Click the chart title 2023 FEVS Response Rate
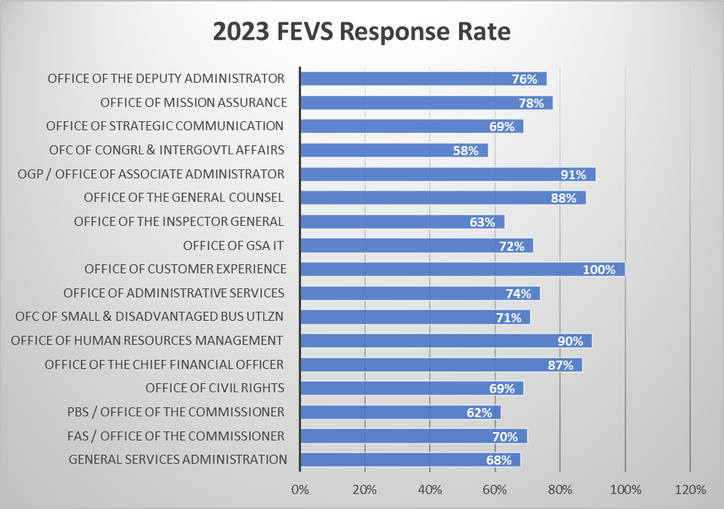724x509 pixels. [361, 32]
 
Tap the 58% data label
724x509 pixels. [465, 151]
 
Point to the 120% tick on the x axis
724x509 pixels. [690, 489]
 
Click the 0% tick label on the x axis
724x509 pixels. [300, 489]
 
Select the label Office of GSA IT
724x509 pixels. [233, 245]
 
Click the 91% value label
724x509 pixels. [573, 175]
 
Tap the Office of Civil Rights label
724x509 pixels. [214, 388]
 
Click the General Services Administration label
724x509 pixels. [178, 459]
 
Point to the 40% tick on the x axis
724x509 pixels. [430, 489]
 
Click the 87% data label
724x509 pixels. [560, 364]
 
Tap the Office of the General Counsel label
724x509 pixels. [184, 198]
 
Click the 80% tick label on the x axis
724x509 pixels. [560, 489]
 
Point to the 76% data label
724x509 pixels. [524, 79]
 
